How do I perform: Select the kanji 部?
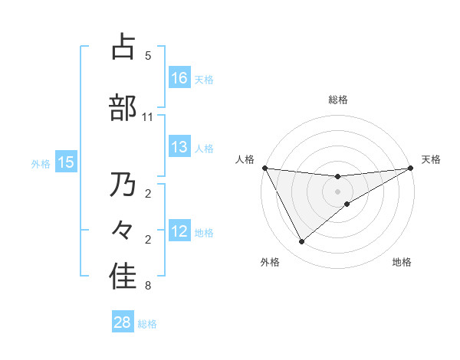pos(123,108)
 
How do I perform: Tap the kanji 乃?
pos(123,185)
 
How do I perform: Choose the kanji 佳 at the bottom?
pos(123,277)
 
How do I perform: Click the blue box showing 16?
pos(179,77)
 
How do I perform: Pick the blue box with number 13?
pos(179,147)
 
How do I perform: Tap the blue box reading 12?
pos(179,231)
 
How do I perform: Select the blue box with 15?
pos(66,162)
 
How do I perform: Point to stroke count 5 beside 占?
pos(148,56)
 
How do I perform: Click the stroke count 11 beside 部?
pos(148,117)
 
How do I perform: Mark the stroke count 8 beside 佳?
pos(148,286)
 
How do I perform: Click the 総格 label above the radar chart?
pos(338,100)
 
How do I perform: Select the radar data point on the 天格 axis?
pos(411,168)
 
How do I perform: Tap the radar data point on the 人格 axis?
pos(265,168)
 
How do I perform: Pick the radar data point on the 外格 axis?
pos(301,242)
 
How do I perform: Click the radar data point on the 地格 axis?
pos(347,204)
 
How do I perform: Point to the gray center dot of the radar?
pos(338,191)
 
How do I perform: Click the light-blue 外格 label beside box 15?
pos(41,163)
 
